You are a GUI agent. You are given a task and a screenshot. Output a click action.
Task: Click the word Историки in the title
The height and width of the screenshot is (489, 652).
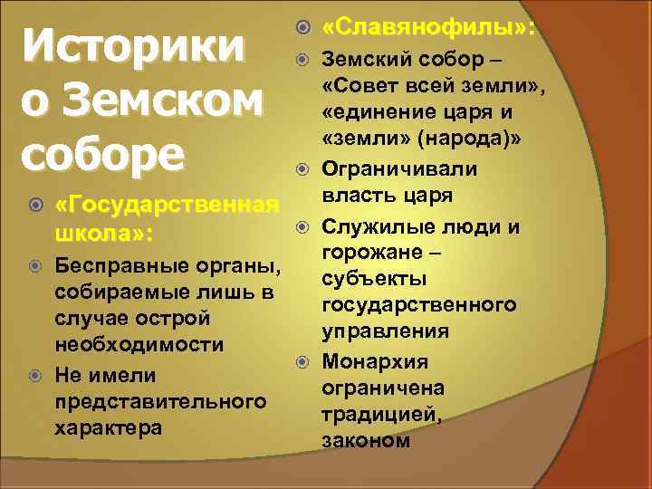[x=133, y=48]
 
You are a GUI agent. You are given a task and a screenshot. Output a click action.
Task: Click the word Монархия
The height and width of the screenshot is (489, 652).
[x=380, y=362]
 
